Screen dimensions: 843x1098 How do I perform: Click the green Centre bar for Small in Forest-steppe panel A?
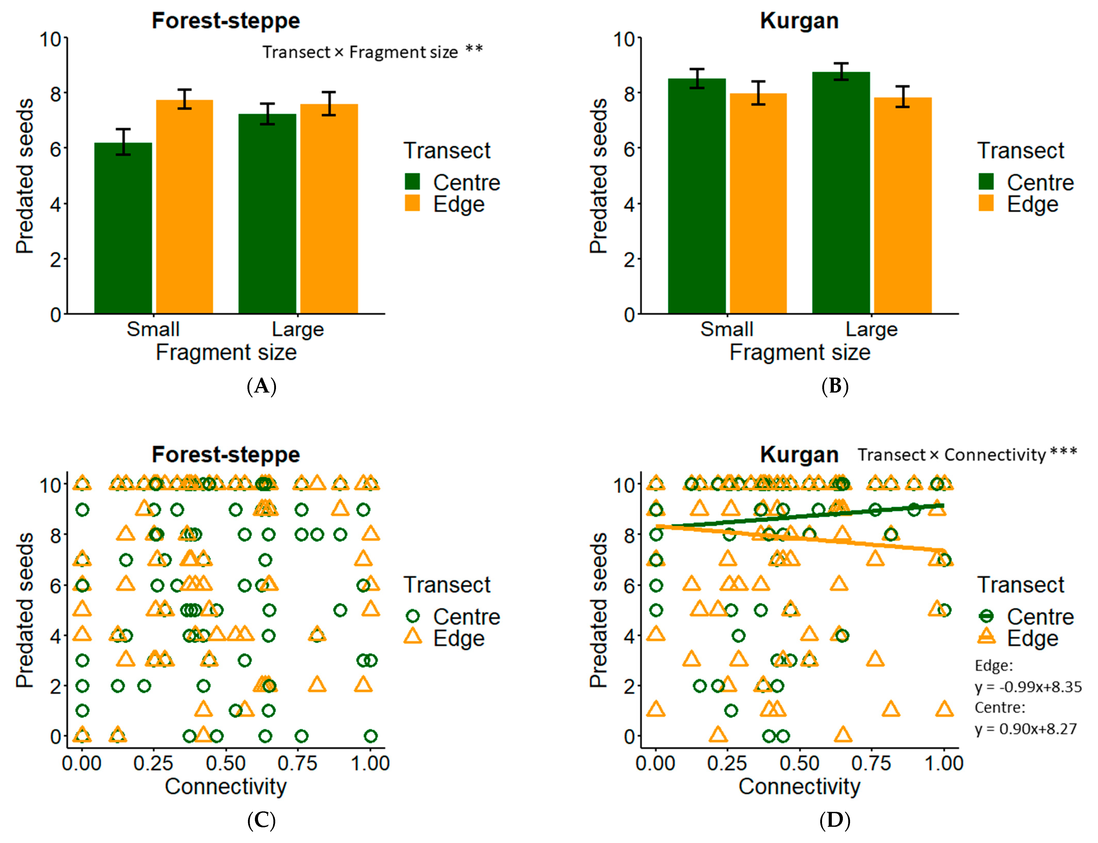pos(123,228)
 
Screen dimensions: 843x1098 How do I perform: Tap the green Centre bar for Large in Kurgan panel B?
pos(841,193)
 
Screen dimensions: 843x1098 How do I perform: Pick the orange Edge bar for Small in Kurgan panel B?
pos(758,203)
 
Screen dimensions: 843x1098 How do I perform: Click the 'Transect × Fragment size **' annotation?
pos(372,52)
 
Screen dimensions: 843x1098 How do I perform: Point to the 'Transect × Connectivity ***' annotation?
pos(967,455)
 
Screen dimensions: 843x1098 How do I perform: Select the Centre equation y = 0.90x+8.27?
pos(1025,729)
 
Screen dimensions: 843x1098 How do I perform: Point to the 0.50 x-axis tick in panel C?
pos(226,763)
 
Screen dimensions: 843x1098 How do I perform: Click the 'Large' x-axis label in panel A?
pos(297,329)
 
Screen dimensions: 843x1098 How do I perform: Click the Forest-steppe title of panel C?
pos(226,455)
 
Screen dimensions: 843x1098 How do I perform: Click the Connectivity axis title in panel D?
pos(799,786)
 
